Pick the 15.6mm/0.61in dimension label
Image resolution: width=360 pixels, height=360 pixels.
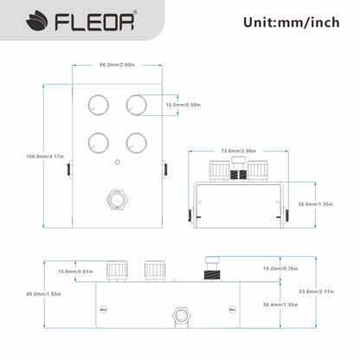point(75,272)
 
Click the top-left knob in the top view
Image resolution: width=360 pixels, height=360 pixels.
point(96,105)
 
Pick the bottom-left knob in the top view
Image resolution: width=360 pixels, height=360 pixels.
point(96,140)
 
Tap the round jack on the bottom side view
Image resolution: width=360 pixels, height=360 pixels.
point(183,314)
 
